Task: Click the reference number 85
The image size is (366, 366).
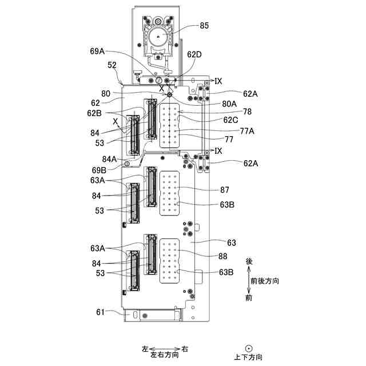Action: pyautogui.click(x=205, y=26)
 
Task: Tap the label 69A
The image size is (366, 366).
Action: pyautogui.click(x=98, y=51)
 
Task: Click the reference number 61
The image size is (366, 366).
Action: pyautogui.click(x=100, y=312)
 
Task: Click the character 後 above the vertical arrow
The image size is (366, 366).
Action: pyautogui.click(x=249, y=261)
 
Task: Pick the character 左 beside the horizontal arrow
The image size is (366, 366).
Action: pyautogui.click(x=145, y=348)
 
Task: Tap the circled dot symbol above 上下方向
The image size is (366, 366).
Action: pyautogui.click(x=249, y=347)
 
